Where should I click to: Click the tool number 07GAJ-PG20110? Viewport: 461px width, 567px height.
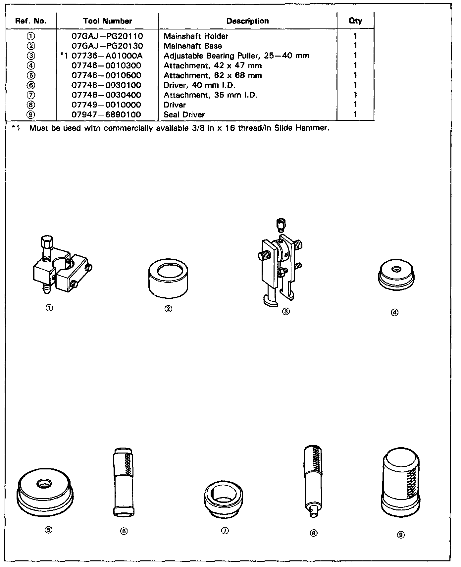(107, 36)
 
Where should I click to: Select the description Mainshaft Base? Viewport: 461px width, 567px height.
(193, 46)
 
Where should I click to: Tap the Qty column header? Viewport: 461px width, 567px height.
(355, 21)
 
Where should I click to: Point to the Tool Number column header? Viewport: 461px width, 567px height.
(108, 21)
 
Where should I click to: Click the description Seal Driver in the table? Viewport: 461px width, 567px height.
(184, 115)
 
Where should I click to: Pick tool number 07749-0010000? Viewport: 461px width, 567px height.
(106, 105)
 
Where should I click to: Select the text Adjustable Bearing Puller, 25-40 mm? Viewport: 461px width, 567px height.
(236, 56)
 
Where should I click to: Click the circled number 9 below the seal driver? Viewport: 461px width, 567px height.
(401, 535)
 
